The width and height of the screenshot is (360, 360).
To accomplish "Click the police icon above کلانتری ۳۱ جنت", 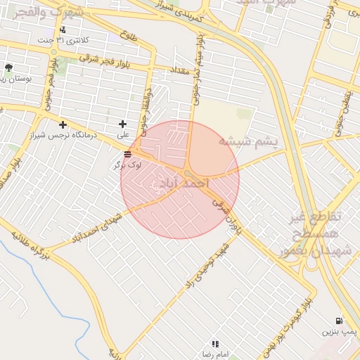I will pyautogui.click(x=63, y=30).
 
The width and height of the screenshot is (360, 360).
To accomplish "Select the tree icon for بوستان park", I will pyautogui.click(x=8, y=67).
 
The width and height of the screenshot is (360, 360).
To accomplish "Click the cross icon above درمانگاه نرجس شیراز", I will pyautogui.click(x=63, y=124).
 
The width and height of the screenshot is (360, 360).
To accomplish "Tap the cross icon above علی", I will pyautogui.click(x=122, y=124).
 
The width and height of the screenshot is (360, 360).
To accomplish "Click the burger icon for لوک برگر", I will pyautogui.click(x=127, y=155).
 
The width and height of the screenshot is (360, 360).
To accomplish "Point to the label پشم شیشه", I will pyautogui.click(x=247, y=141).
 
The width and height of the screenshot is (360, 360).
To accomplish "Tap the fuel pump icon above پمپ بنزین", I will pyautogui.click(x=341, y=321).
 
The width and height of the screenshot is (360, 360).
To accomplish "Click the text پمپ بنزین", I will pyautogui.click(x=340, y=330).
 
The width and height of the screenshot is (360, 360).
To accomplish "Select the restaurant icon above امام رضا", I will pyautogui.click(x=214, y=344).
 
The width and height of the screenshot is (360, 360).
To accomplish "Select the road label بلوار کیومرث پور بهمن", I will pyautogui.click(x=285, y=323).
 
